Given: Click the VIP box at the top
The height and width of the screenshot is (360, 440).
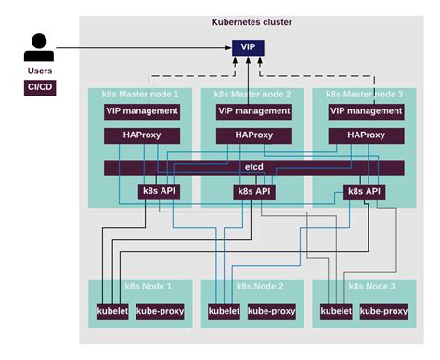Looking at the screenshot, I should point(247,46).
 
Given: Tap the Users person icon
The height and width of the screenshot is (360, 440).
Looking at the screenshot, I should point(38,47).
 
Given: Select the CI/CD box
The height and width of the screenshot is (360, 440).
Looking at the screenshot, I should point(39,87).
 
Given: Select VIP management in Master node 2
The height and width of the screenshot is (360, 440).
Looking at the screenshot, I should point(253,110).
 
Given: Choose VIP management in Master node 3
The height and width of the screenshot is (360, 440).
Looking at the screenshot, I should point(366,110).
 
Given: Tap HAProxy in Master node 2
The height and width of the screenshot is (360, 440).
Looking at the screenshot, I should point(253,135).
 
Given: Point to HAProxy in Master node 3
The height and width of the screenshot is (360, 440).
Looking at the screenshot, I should point(366,135).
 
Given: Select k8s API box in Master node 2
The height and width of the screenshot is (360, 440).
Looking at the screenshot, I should point(253,192).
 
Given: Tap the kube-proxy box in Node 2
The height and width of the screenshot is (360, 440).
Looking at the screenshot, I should point(271,311).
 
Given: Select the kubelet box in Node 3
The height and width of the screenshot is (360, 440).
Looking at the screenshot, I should point(335,311).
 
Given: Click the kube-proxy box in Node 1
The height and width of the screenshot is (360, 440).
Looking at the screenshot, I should point(160,311).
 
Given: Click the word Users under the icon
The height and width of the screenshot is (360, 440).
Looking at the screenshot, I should point(39,70).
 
